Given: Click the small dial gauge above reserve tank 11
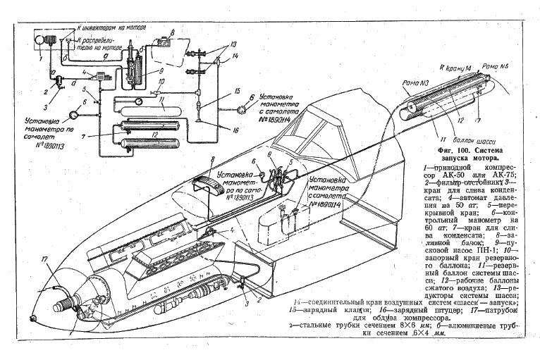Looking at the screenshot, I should [137, 100].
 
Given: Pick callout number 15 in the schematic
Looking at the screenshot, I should [239, 91].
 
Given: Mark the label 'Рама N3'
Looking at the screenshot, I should [415, 82].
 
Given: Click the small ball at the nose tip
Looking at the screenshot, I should [30, 316].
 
